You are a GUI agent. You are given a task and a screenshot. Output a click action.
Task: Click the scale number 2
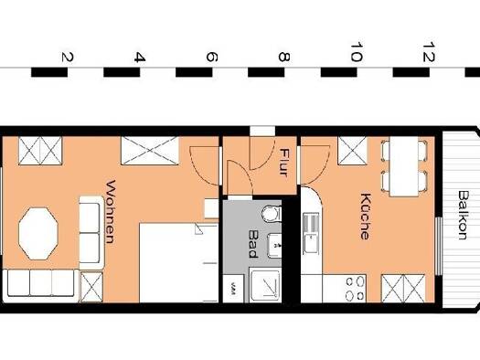[x=68, y=58]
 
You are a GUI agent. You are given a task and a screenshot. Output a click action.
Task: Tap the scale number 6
[x=212, y=58]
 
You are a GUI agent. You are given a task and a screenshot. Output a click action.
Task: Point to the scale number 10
[x=356, y=52]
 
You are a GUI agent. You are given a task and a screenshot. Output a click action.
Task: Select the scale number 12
[x=429, y=52]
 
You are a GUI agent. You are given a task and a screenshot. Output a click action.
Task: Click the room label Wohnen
[x=111, y=212]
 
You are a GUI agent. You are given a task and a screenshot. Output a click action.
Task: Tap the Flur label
[x=284, y=162]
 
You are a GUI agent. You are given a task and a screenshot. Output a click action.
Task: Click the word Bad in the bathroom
[x=254, y=244]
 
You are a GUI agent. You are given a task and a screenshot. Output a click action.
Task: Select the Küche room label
[x=365, y=217]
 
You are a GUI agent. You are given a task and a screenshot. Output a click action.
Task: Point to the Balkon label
[x=464, y=215]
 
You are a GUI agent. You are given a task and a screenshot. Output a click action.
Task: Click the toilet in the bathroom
[x=272, y=213]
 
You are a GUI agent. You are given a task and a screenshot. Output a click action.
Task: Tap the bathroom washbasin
[x=274, y=245]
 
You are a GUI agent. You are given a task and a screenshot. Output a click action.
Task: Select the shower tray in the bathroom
[x=265, y=285]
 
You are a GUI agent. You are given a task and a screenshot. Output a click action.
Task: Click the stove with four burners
[x=355, y=289]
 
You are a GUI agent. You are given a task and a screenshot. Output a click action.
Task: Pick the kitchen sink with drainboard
[x=311, y=233]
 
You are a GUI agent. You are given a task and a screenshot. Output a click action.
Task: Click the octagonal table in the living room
[x=38, y=234]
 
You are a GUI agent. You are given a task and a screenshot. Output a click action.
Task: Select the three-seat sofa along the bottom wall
[x=40, y=283]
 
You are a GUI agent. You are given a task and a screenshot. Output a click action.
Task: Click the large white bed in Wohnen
[x=179, y=263]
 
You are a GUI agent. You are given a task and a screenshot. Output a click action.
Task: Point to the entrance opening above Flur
[x=262, y=131]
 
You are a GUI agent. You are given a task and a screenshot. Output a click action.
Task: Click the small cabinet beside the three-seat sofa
[x=91, y=287]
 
